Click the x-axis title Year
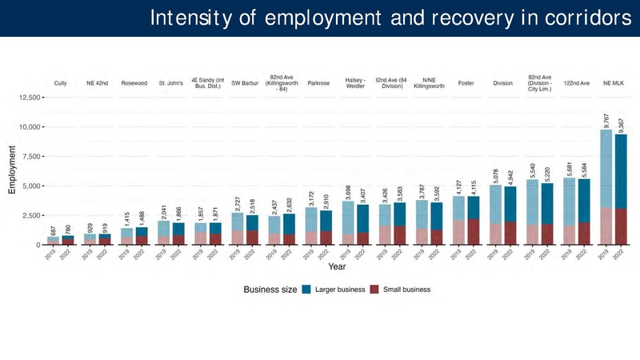click(x=337, y=266)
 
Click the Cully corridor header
click(x=61, y=83)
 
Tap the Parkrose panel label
click(x=318, y=83)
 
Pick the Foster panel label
click(x=466, y=83)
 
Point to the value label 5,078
click(x=495, y=175)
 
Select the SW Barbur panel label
click(x=245, y=83)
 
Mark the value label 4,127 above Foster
click(x=458, y=186)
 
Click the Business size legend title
click(x=270, y=290)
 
